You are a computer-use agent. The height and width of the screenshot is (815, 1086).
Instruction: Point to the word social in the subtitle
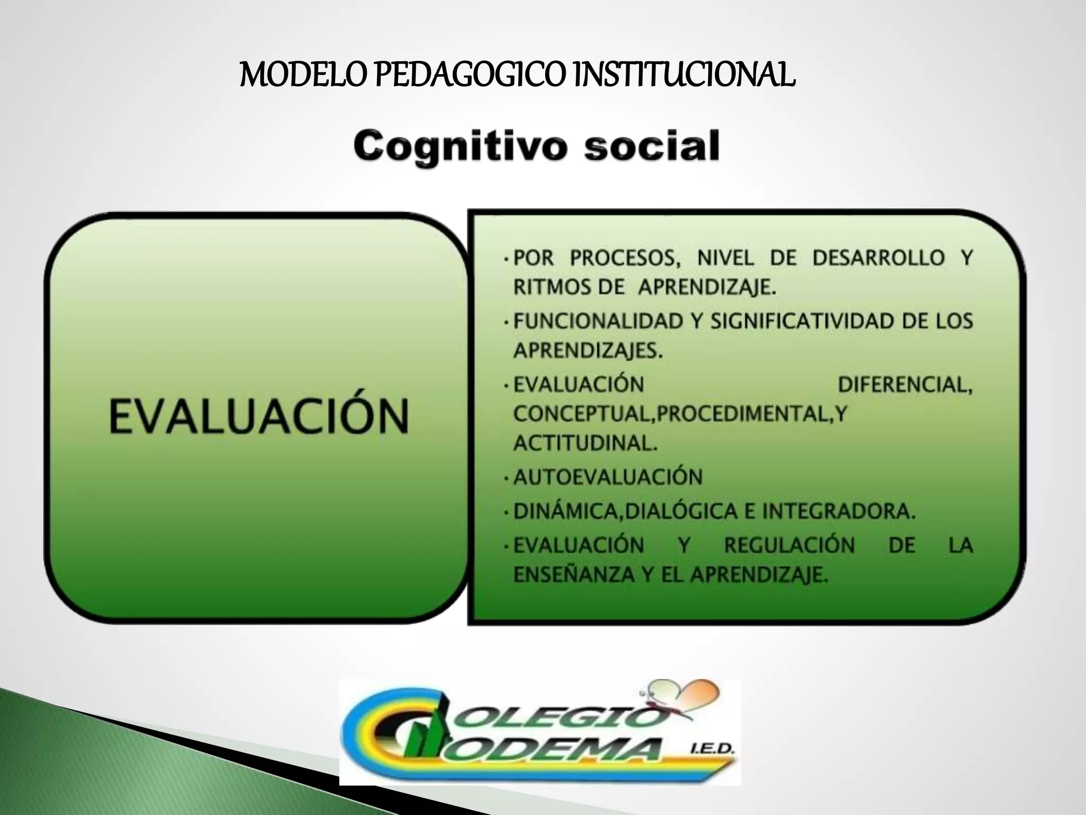[652, 146]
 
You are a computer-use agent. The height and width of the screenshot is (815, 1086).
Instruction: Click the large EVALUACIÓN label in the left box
[259, 417]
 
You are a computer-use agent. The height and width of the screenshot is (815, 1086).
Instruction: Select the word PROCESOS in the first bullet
[625, 258]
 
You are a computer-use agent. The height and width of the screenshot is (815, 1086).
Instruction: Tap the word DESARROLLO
[879, 258]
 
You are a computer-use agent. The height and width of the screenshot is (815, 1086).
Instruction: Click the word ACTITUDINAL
[585, 443]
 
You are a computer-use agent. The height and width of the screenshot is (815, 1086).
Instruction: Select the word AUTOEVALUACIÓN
[608, 477]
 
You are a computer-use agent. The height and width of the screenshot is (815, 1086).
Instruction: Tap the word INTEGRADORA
[839, 511]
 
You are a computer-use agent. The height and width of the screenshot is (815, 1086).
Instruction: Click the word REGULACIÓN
[790, 545]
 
